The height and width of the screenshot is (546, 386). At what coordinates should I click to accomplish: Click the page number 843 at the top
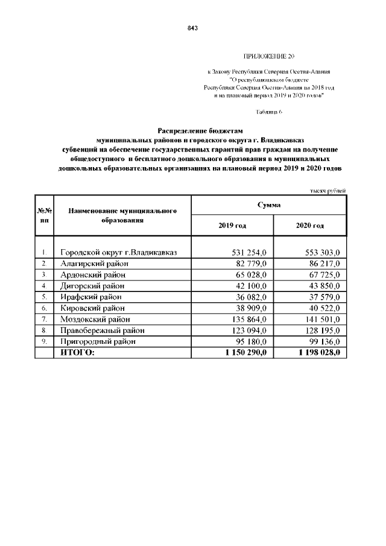click(193, 28)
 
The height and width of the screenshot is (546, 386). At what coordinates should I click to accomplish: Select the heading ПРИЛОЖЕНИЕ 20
click(269, 56)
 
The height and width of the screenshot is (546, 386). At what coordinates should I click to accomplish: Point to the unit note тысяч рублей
click(328, 191)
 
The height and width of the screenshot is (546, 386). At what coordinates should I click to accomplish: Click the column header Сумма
click(268, 205)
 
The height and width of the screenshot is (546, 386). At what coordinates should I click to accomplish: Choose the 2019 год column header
click(232, 226)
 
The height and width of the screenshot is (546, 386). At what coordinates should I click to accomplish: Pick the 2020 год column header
click(310, 226)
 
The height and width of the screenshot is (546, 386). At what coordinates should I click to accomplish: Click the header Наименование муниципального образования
click(122, 216)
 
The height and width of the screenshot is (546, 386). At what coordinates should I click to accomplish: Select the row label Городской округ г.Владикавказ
click(118, 252)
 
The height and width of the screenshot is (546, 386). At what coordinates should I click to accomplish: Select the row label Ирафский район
click(91, 297)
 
